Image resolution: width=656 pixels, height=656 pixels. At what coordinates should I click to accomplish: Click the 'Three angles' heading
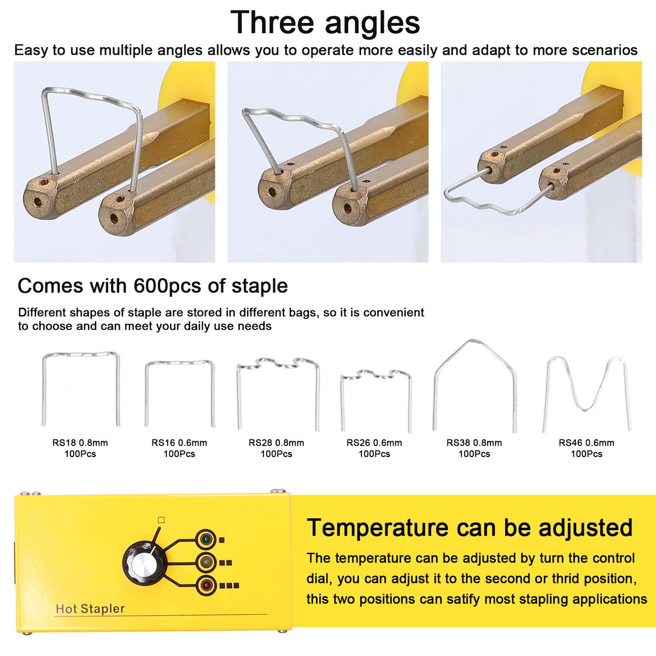325,22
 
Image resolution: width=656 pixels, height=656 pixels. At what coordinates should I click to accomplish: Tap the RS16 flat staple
180,362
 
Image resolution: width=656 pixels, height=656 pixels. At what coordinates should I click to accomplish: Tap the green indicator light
206,540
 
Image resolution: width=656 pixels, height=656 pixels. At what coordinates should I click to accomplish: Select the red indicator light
206,586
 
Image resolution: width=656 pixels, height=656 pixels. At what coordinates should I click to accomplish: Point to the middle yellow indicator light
206,563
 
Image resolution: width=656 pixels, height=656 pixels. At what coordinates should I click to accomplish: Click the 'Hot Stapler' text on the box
90,609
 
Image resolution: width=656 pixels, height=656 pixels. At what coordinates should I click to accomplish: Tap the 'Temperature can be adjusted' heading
470,528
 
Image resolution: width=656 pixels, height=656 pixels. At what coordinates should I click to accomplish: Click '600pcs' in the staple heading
167,285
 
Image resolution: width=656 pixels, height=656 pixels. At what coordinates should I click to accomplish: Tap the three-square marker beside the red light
230,586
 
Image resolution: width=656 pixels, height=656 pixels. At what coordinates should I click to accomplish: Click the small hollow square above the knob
161,520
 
